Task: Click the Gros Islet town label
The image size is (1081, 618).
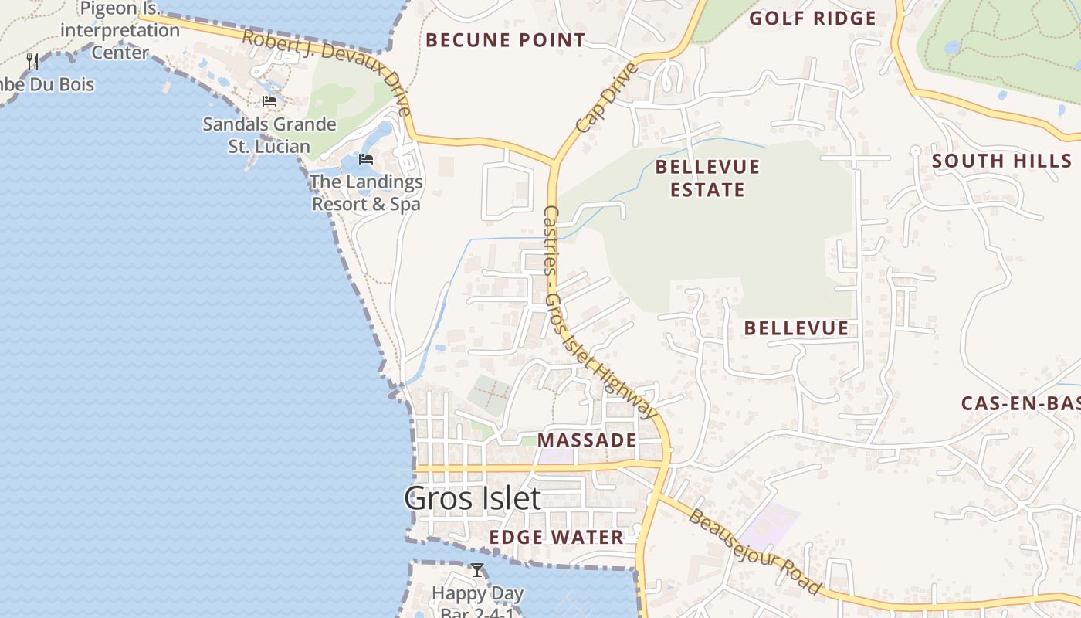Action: tap(473, 498)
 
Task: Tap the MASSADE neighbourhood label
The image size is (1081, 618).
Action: tap(587, 440)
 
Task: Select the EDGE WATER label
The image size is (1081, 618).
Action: tap(556, 537)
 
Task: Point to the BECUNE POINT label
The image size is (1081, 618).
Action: tap(506, 40)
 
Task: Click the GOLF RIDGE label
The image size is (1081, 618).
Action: tap(813, 19)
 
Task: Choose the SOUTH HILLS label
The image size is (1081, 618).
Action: tap(1001, 161)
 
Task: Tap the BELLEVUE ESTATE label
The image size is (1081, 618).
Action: tap(707, 178)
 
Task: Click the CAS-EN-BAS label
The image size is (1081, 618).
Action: tap(1019, 403)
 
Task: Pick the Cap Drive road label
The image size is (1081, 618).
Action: tap(607, 97)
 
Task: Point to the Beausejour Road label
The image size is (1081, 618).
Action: tap(754, 552)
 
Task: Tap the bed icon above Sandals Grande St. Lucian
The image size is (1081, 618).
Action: tap(269, 101)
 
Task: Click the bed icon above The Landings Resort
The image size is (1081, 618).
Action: tap(366, 159)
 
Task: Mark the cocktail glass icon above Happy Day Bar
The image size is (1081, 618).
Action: tap(477, 570)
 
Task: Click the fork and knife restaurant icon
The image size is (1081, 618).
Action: tap(32, 61)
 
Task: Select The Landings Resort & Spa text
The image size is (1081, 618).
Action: tap(366, 193)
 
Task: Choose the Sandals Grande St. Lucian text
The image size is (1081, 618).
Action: tap(269, 135)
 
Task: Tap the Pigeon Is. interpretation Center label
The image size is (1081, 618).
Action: tap(120, 31)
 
